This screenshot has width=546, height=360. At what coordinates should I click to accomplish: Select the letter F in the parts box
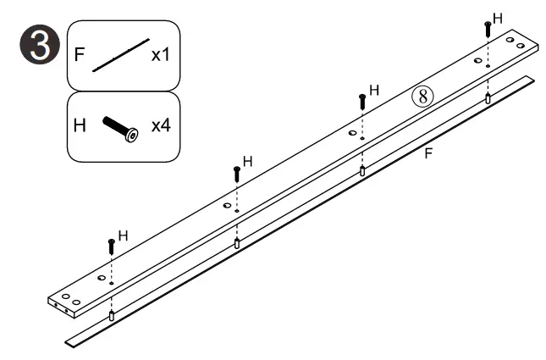click(x=79, y=56)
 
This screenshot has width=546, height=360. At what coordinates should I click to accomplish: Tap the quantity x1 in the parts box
click(x=161, y=56)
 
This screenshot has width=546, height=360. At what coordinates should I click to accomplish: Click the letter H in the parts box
click(x=80, y=125)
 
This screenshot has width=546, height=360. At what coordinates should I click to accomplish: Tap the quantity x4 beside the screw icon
click(x=161, y=125)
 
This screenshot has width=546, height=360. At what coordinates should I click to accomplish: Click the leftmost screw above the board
click(x=111, y=247)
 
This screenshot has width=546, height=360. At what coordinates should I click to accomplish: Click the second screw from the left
click(x=237, y=174)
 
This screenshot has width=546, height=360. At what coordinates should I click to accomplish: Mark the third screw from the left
click(x=362, y=101)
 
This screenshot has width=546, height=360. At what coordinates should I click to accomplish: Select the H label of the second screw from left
click(x=248, y=161)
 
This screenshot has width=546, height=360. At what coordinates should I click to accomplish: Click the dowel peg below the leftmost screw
click(x=111, y=316)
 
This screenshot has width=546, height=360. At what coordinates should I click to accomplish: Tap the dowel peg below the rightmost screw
click(x=488, y=98)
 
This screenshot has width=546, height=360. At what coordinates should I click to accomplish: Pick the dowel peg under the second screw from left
click(x=237, y=243)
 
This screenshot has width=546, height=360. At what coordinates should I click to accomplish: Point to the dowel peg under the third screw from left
click(x=362, y=171)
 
